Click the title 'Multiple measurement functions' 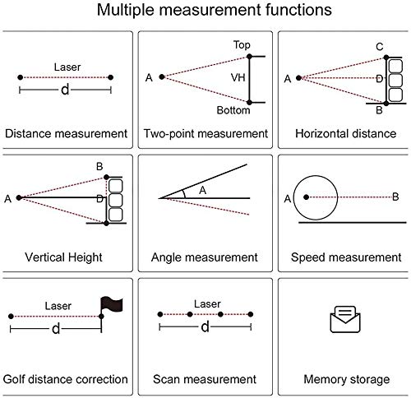pyautogui.click(x=215, y=10)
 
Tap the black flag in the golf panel pyautogui.click(x=112, y=303)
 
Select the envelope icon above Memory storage pyautogui.click(x=345, y=319)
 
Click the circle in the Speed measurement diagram pyautogui.click(x=316, y=176)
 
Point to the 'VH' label pyautogui.click(x=238, y=77)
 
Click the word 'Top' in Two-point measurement pyautogui.click(x=242, y=44)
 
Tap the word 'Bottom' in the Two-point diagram pyautogui.click(x=233, y=110)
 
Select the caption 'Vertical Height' pyautogui.click(x=63, y=257)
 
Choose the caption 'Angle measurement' pyautogui.click(x=205, y=257)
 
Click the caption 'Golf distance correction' pyautogui.click(x=66, y=379)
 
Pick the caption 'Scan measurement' pyautogui.click(x=205, y=379)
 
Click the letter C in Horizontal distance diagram pyautogui.click(x=380, y=47)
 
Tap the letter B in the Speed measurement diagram pyautogui.click(x=395, y=197)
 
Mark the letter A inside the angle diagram pyautogui.click(x=202, y=190)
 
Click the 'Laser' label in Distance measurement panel pyautogui.click(x=67, y=67)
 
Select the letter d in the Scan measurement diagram pyautogui.click(x=205, y=326)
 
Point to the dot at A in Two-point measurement pyautogui.click(x=162, y=76)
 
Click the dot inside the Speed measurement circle pyautogui.click(x=307, y=197)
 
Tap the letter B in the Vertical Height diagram pyautogui.click(x=99, y=166)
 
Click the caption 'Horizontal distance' pyautogui.click(x=346, y=134)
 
